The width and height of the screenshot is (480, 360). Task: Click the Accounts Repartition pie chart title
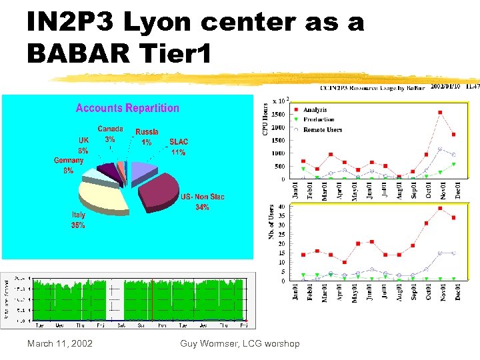[x=127, y=108]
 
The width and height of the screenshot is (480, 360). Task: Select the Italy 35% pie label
[x=78, y=220]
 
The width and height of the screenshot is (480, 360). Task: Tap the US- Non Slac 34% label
[x=203, y=202]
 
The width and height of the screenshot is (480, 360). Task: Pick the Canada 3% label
[x=110, y=134]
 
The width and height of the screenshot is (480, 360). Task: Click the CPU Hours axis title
[x=265, y=119]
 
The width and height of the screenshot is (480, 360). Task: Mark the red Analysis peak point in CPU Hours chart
[x=440, y=113]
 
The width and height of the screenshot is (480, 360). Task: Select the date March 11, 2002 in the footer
[x=59, y=343]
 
